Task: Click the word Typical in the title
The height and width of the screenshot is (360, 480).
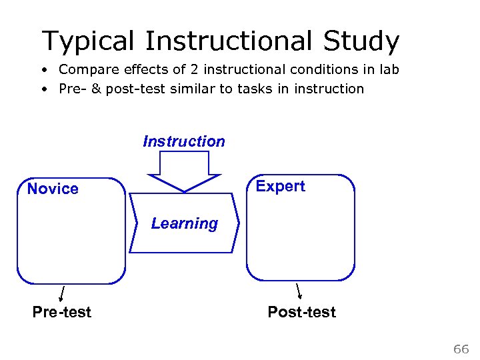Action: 88,41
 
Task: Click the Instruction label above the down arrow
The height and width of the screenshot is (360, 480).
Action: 184,141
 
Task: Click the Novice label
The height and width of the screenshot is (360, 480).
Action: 53,189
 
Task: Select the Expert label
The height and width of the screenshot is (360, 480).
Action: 280,187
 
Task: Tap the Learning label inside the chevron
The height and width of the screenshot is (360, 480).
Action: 184,224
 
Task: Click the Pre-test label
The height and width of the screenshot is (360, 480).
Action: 62,312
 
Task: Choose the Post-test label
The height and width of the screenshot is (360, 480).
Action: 301,312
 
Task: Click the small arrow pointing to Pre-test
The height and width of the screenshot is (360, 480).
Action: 62,293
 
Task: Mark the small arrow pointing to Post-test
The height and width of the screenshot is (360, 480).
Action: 299,291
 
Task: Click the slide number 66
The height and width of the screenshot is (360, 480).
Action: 461,349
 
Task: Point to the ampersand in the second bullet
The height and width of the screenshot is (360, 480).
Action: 96,89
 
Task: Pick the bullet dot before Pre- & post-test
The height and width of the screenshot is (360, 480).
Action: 43,89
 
